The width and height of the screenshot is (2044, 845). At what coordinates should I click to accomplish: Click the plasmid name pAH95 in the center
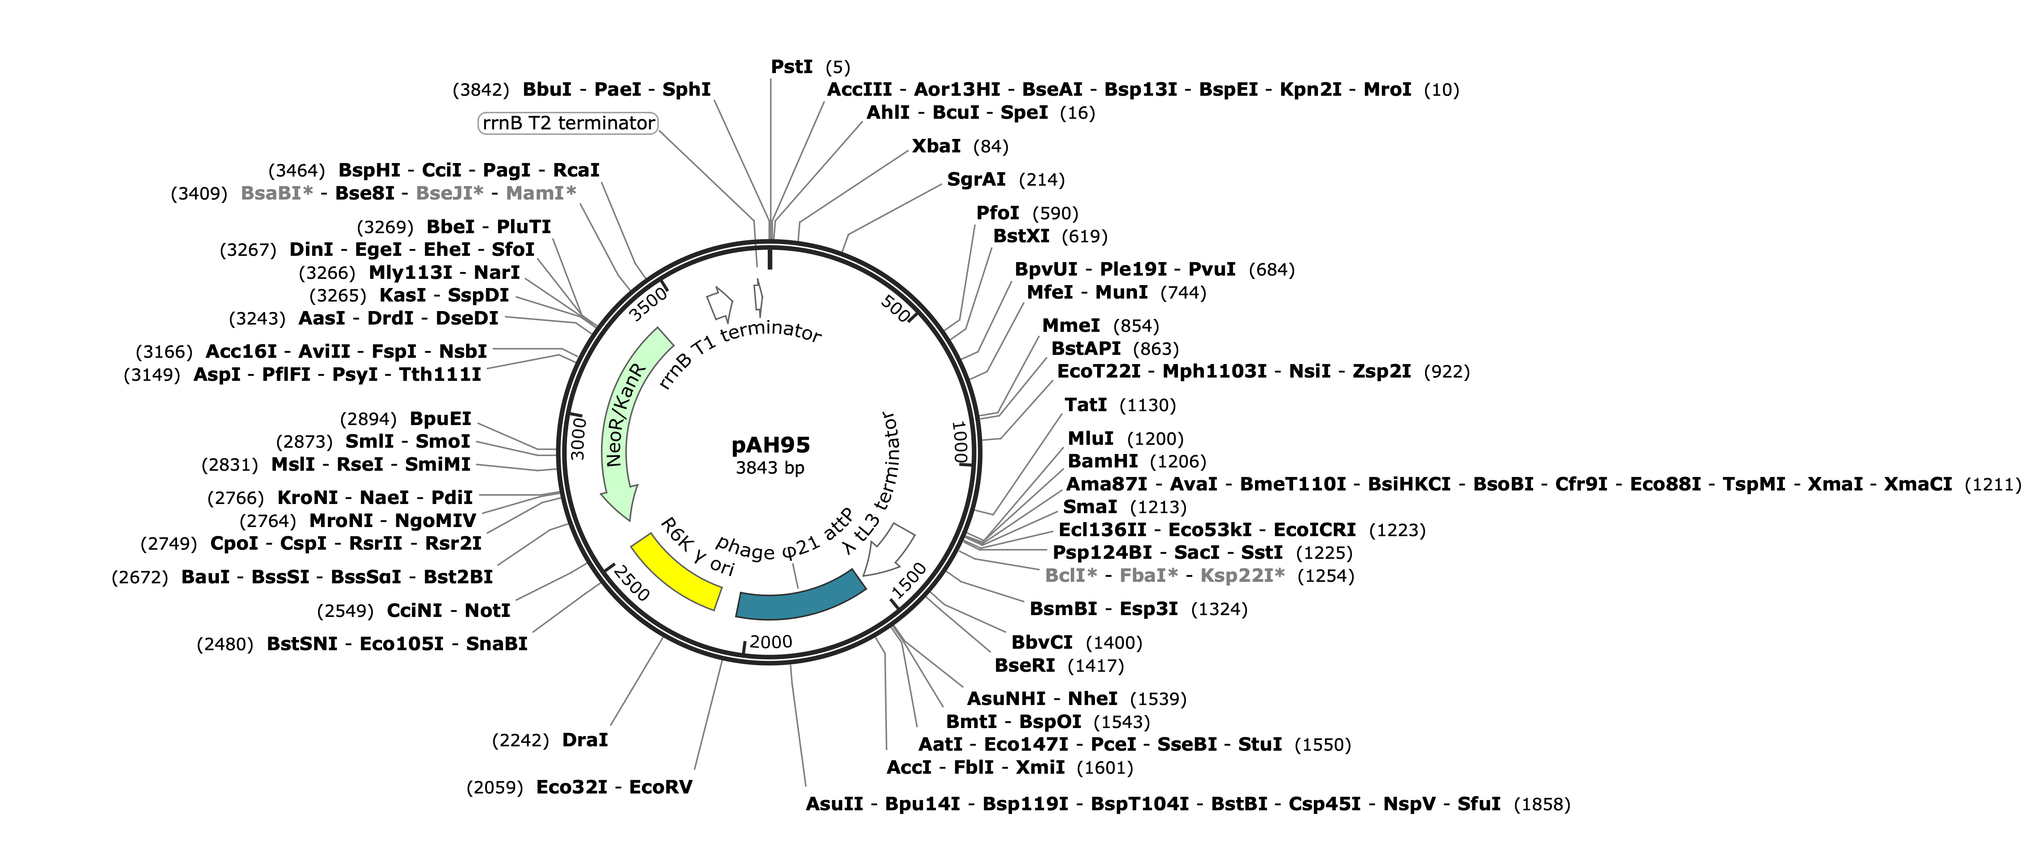[770, 445]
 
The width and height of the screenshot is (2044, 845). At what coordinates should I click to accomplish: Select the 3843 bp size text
[770, 468]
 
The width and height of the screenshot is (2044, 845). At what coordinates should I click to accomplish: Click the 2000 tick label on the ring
[770, 642]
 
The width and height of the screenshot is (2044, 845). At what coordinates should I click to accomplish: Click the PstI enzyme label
[791, 67]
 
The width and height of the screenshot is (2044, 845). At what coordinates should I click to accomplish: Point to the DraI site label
[585, 739]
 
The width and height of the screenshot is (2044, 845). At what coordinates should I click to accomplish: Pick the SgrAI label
[976, 179]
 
